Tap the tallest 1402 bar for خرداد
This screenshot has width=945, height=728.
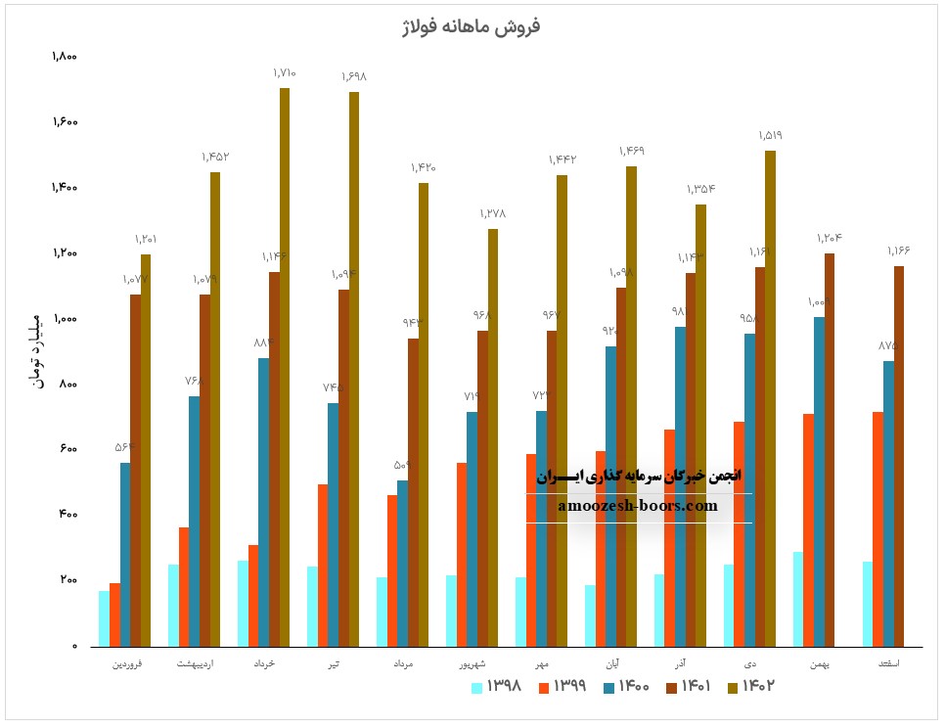[284, 367]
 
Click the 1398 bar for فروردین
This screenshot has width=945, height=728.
[104, 618]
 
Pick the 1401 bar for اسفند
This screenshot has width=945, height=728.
[898, 456]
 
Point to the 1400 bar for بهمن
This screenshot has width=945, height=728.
[819, 481]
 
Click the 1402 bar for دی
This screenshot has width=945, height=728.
[770, 398]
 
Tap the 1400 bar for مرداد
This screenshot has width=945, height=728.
[402, 563]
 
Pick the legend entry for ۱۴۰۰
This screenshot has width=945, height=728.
[626, 687]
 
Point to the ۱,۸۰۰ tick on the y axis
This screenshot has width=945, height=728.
[65, 57]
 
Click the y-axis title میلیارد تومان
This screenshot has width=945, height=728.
[36, 350]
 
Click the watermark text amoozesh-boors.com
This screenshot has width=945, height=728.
[638, 506]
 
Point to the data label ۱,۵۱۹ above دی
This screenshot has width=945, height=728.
[770, 135]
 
